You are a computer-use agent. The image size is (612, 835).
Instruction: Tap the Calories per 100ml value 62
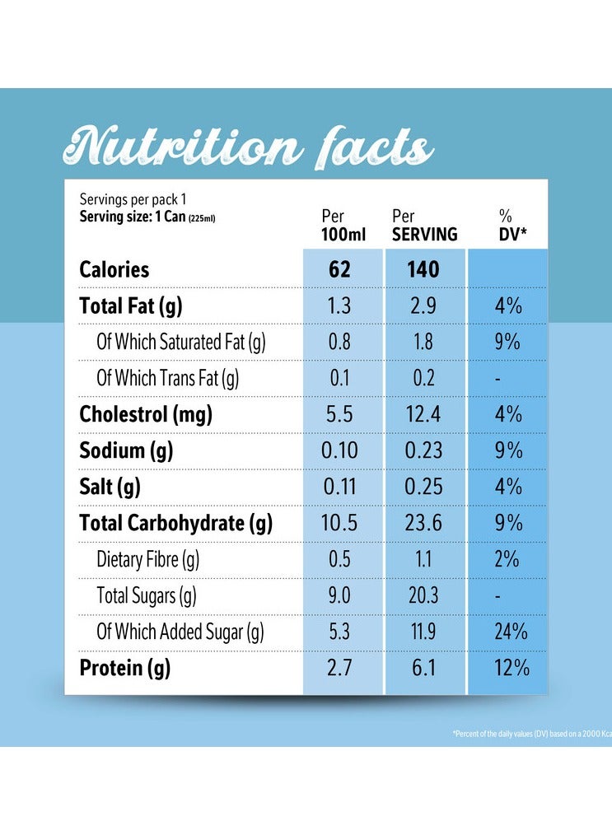339,269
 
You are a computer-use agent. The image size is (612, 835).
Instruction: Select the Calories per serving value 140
423,269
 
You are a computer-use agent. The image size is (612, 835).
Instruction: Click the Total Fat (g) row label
131,306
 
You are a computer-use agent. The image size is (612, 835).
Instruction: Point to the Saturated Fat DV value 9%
507,342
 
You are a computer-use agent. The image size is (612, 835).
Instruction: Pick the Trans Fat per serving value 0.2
423,378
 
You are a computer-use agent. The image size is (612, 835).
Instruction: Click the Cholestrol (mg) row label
146,414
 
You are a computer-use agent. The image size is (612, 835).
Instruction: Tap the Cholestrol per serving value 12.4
423,414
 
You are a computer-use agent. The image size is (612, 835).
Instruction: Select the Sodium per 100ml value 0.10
339,450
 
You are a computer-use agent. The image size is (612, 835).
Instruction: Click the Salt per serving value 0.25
423,487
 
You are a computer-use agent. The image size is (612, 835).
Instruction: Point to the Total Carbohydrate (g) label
175,523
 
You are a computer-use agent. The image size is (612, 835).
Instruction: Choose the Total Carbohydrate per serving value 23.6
423,523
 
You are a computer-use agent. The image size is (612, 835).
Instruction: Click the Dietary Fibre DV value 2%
507,559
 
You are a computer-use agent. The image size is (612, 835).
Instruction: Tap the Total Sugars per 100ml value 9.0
339,595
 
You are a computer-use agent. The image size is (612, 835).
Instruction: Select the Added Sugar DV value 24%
507,632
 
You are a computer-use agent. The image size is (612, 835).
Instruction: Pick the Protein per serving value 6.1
423,668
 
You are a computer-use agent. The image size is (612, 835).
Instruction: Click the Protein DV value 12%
507,668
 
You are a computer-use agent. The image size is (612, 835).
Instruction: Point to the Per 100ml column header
343,226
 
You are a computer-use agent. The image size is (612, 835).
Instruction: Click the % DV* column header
511,226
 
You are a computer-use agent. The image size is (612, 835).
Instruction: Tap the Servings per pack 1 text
132,199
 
